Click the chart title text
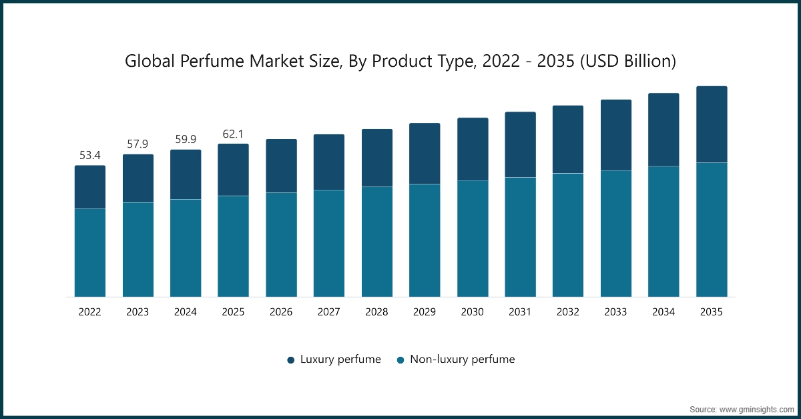point(400,61)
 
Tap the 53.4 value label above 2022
point(89,156)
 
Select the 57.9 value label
point(138,144)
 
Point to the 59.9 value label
point(186,140)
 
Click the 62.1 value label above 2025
point(234,134)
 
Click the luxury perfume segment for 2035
point(712,124)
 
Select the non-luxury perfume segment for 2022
point(89,253)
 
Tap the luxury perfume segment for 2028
point(377,158)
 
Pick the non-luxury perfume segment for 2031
point(520,237)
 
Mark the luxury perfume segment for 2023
point(138,178)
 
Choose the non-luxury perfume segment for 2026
point(281,245)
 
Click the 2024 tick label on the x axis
point(186,312)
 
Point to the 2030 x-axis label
point(473,312)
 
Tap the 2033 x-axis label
point(616,312)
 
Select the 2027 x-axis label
point(329,312)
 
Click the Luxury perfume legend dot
point(291,360)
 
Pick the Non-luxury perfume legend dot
point(400,360)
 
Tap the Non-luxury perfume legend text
point(462,360)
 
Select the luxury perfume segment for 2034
point(663,130)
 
